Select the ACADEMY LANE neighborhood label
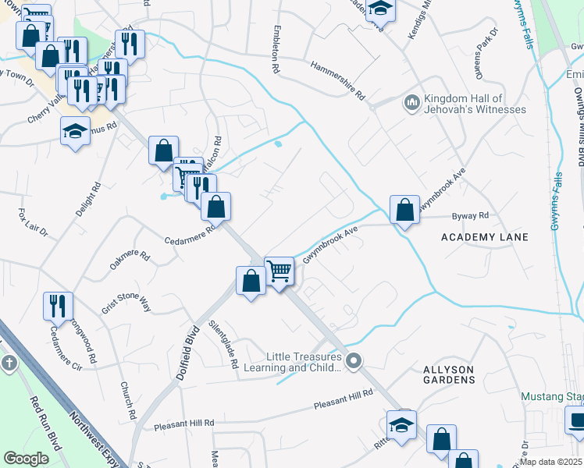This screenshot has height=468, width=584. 485,236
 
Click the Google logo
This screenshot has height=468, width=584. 27,458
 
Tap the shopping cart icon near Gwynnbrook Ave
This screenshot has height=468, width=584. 279,271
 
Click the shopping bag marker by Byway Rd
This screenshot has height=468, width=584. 404,210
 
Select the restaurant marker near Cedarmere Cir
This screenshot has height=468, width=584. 57,306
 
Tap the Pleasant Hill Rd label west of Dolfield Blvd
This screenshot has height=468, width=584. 183,423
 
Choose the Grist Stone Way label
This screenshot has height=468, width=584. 126,302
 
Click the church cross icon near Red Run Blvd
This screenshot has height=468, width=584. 9,363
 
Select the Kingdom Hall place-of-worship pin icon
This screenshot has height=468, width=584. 411,103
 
